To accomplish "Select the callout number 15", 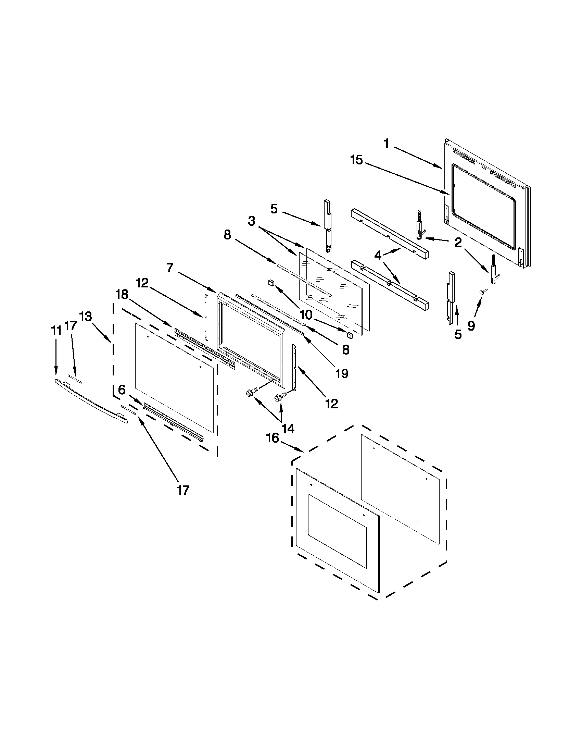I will (x=357, y=160).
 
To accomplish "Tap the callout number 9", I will (x=471, y=325).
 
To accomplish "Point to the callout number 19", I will (x=342, y=373).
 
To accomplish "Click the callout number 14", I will (x=288, y=429).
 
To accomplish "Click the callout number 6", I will (x=122, y=390).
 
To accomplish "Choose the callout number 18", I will (x=122, y=295).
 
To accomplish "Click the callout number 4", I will (x=378, y=256).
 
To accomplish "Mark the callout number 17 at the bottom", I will (x=183, y=490).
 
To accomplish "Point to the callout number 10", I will (x=306, y=314).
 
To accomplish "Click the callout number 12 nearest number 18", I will (x=142, y=283).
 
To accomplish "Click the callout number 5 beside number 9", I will (x=457, y=334).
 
